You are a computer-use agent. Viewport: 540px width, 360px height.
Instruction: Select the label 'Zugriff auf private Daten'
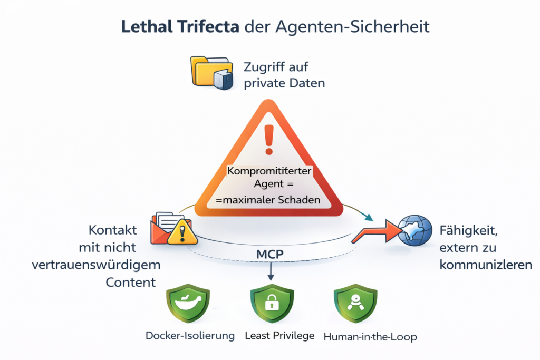[x=284, y=75]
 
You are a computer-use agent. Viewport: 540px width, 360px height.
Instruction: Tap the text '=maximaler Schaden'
[x=269, y=201]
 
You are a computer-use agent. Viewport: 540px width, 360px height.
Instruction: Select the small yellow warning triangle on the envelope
[x=181, y=233]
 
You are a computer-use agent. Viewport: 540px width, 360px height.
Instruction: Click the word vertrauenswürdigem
[x=97, y=265]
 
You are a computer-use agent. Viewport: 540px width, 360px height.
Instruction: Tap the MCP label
[x=270, y=254]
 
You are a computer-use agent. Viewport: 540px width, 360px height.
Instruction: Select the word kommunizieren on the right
[x=485, y=265]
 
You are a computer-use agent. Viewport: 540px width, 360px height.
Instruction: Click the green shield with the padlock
[x=270, y=305]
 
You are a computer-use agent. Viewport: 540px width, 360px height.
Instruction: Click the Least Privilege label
[x=279, y=335]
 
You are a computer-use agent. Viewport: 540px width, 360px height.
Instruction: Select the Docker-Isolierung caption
[x=190, y=336]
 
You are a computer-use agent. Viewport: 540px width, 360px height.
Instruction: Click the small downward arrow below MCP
[x=271, y=273]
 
